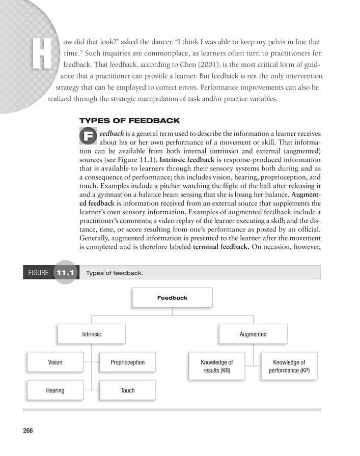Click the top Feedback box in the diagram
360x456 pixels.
point(172,298)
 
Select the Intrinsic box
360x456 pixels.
point(92,334)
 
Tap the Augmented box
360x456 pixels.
point(253,334)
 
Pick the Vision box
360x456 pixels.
point(55,362)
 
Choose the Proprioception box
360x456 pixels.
point(127,362)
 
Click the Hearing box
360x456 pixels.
point(55,390)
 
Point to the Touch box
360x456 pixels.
point(127,390)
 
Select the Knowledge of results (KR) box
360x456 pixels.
point(216,366)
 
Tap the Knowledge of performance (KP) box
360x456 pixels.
point(289,366)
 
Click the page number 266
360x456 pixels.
point(28,431)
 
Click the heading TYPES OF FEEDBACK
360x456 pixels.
point(130,121)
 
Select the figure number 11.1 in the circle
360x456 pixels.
point(65,273)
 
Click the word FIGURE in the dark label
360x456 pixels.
point(38,273)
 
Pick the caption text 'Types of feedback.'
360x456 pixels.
point(115,273)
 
